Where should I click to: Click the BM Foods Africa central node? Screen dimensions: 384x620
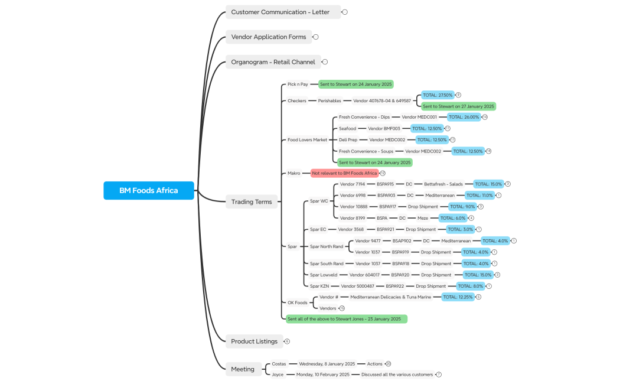(148, 190)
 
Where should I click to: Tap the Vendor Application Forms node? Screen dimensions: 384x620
(269, 37)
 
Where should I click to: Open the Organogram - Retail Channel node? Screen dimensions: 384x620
(273, 61)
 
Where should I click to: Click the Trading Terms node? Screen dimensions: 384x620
(251, 201)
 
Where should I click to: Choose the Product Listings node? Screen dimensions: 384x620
(254, 341)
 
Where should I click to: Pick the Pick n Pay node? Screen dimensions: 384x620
(298, 84)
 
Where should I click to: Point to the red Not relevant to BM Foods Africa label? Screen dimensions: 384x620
(344, 173)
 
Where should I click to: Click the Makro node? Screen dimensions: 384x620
(294, 173)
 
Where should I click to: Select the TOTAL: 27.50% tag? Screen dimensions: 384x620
(438, 95)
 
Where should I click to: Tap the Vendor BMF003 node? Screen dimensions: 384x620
(384, 128)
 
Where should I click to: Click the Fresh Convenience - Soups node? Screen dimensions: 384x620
(366, 151)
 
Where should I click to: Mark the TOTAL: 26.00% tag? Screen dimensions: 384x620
(464, 117)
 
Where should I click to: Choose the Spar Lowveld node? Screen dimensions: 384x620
(324, 275)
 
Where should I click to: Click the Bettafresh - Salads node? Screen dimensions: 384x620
(443, 184)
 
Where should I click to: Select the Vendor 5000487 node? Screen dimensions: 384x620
(358, 286)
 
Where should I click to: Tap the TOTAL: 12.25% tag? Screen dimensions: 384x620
(458, 297)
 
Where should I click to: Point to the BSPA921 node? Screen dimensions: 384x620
(385, 229)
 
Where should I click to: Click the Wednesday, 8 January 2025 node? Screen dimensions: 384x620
(327, 364)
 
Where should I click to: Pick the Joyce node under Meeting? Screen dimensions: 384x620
(277, 375)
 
